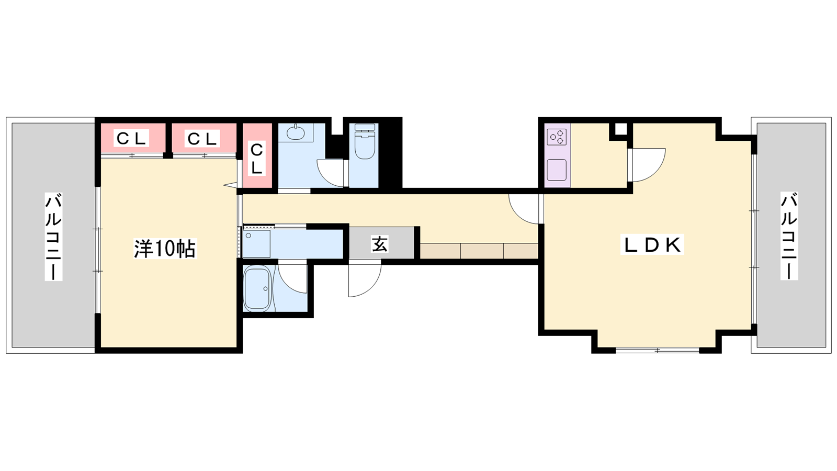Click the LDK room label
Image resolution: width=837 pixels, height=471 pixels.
pos(652,245)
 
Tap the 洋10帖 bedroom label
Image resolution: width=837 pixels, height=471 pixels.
pos(165,249)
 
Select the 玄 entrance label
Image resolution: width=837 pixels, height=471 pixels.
pos(380,244)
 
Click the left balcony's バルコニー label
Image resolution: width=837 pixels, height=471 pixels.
pos(53,237)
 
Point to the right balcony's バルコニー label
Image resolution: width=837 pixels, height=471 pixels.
pos(789,236)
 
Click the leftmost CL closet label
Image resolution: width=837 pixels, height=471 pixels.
pos(131,139)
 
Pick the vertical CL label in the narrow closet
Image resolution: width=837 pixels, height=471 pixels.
pos(256,159)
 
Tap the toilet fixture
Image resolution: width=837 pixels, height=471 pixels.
pos(365,141)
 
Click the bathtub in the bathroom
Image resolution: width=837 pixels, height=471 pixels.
pos(257,288)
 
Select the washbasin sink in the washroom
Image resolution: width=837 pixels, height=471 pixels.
pos(295,133)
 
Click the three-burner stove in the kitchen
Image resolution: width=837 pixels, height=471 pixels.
pos(557,137)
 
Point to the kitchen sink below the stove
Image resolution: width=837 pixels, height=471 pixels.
pos(557,170)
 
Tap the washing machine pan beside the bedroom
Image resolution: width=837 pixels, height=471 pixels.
pos(257,244)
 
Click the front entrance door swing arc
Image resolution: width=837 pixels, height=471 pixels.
pos(370,288)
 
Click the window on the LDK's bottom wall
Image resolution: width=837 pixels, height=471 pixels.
pos(657,351)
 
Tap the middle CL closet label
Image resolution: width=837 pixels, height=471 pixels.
pos(202,139)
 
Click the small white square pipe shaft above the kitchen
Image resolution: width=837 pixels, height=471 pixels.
pos(620,129)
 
